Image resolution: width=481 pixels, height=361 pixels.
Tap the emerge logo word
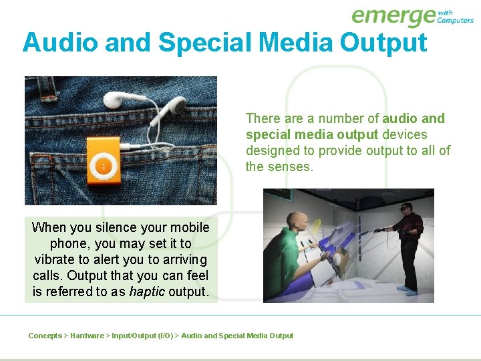(393, 16)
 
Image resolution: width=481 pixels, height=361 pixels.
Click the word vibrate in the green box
(56, 259)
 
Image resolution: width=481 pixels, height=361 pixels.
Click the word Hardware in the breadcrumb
(87, 336)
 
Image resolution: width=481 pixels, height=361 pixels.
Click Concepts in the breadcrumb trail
(45, 336)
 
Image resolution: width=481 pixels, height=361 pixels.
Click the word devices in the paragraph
(404, 134)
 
